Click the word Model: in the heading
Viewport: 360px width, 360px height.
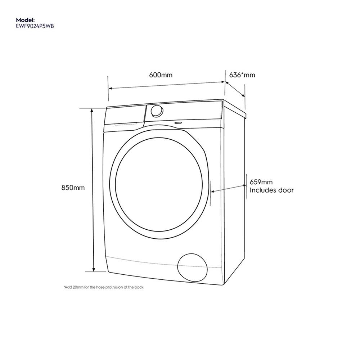[26, 20]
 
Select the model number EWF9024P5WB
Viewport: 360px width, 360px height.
[36, 26]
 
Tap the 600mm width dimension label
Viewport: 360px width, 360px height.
[161, 75]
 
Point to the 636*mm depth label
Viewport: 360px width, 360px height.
[242, 75]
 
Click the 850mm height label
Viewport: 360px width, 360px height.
[73, 188]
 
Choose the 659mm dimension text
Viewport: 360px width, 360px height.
[261, 183]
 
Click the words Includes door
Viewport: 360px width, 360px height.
[272, 190]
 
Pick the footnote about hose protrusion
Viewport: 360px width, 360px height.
[103, 287]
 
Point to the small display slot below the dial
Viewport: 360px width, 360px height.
[177, 122]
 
